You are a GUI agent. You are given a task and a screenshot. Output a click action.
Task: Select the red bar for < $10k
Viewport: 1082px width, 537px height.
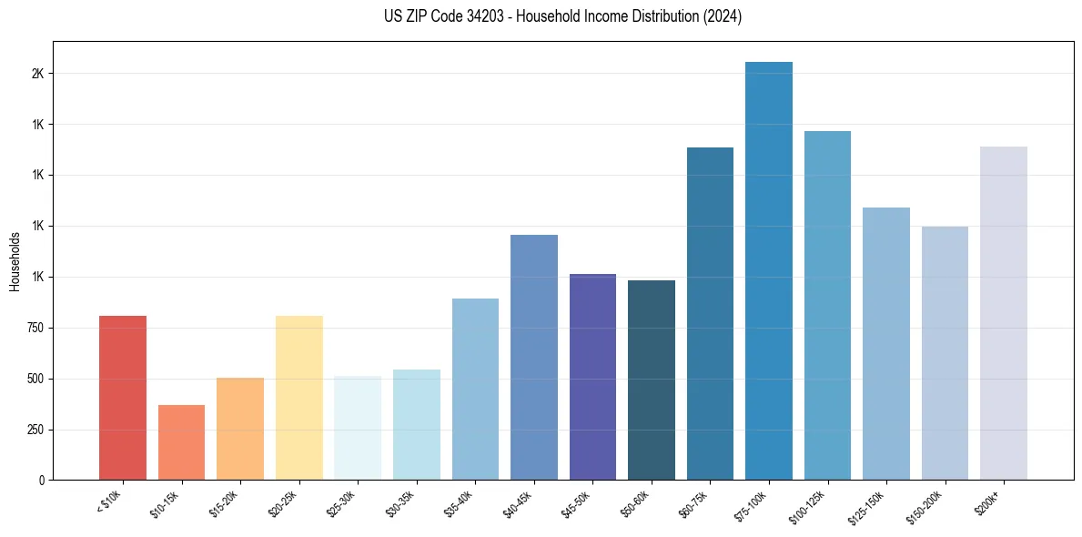[123, 398]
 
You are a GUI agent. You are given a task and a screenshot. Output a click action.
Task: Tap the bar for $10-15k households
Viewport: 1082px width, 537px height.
[181, 442]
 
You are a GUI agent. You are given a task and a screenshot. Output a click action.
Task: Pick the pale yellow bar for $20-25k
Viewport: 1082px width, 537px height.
[299, 398]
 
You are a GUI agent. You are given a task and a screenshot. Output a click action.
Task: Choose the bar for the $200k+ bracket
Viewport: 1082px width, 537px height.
[1004, 313]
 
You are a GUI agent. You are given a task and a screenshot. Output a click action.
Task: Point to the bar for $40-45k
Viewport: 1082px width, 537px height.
[534, 357]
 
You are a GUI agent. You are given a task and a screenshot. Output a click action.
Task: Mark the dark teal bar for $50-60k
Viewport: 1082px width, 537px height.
[652, 380]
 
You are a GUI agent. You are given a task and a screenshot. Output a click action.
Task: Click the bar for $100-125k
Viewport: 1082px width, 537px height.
[827, 305]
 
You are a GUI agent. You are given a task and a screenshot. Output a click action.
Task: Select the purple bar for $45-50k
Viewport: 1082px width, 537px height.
[592, 377]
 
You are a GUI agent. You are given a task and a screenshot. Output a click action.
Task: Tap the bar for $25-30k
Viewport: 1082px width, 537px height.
[358, 428]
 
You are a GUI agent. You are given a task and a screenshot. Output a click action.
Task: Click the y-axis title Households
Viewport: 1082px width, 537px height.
[15, 261]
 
